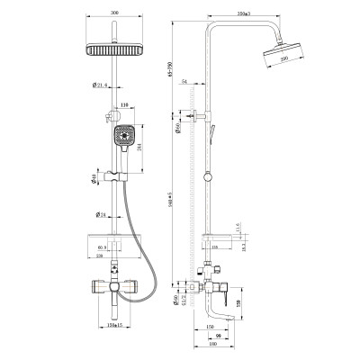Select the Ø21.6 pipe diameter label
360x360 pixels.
100,86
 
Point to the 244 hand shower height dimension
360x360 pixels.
149,149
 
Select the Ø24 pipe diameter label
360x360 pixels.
101,215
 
